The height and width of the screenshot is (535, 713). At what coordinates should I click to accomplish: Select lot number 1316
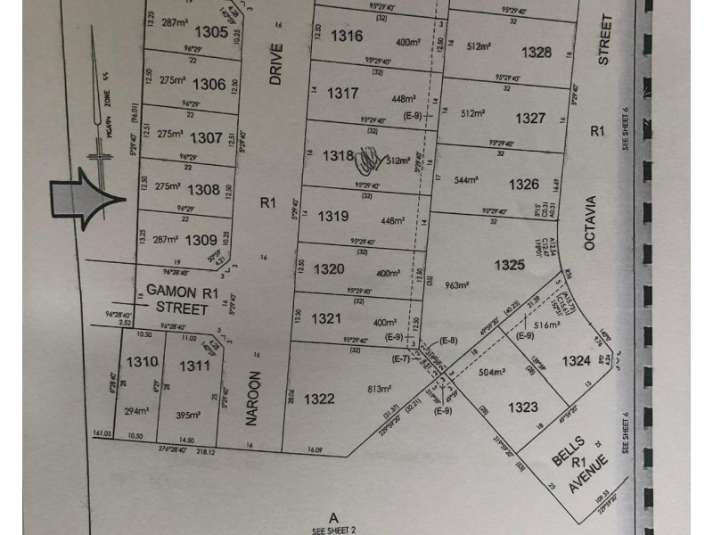(346, 37)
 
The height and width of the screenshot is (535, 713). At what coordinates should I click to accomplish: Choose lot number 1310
(142, 363)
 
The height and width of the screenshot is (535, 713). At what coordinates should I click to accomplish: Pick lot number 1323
(524, 407)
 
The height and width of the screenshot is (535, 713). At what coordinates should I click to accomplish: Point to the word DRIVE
(275, 63)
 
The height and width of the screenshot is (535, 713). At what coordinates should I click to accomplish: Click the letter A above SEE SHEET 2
(334, 516)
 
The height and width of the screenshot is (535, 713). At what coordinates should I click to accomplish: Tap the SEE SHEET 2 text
(334, 529)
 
